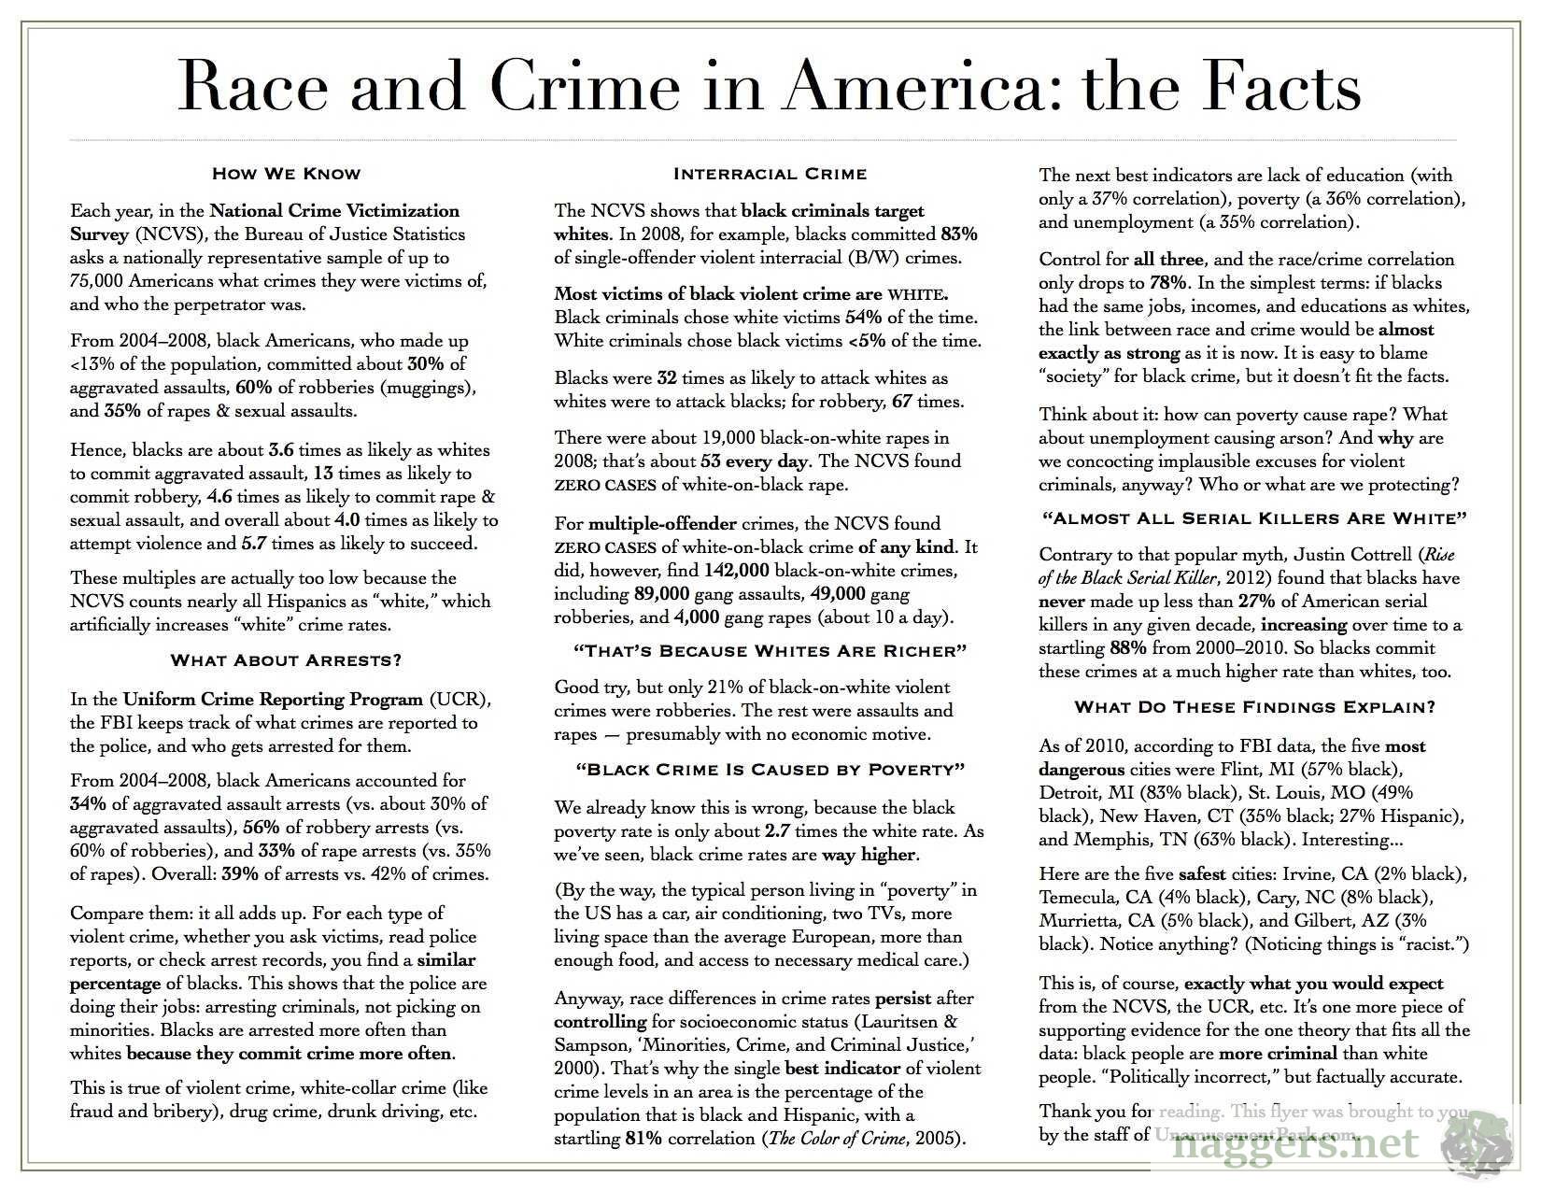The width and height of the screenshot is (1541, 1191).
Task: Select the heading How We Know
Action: [x=286, y=173]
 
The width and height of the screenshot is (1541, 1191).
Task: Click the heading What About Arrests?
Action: [x=286, y=660]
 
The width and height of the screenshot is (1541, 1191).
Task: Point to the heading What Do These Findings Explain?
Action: [x=1254, y=707]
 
